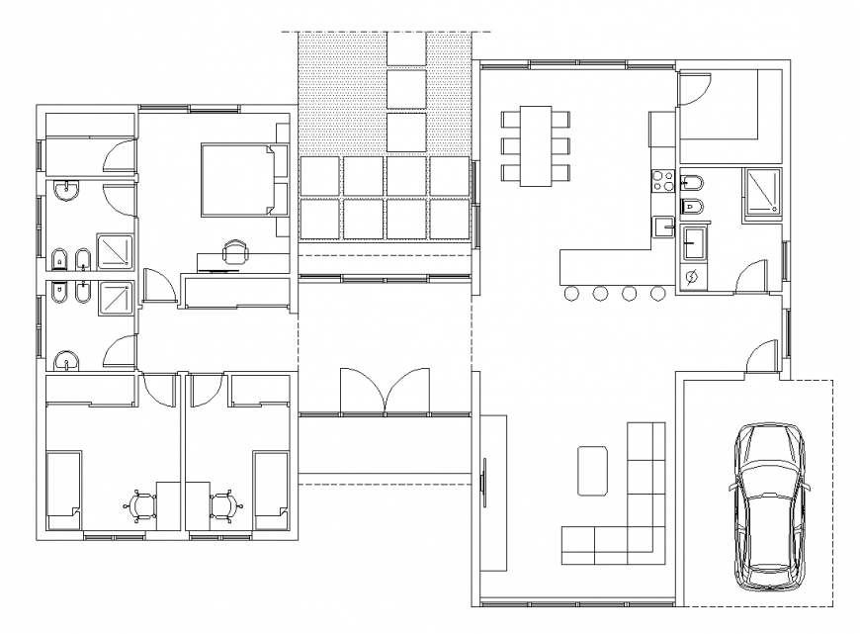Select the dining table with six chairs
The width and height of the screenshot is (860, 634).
[x=536, y=144]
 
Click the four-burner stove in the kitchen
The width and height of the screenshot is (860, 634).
[x=661, y=180]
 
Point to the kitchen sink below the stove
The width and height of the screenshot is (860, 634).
[x=661, y=226]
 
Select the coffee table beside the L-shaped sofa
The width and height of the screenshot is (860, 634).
[x=593, y=470]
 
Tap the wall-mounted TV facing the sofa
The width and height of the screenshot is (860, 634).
[x=484, y=482]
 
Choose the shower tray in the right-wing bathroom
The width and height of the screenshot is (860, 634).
[x=761, y=191]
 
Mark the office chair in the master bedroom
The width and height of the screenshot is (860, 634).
[x=235, y=253]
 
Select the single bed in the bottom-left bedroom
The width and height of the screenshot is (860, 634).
[x=64, y=486]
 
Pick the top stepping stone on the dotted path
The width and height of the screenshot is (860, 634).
[x=406, y=47]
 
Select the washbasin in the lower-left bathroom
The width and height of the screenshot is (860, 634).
[x=66, y=360]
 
